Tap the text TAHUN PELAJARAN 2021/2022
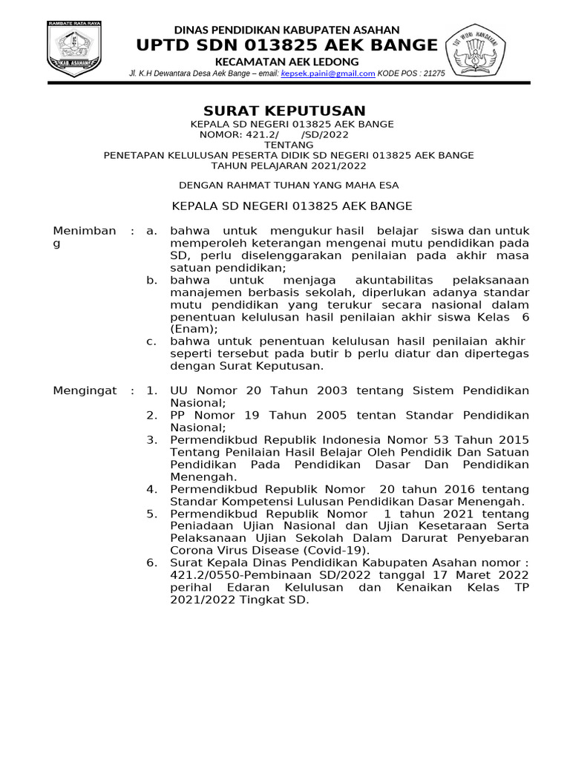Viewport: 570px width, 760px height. tap(288, 166)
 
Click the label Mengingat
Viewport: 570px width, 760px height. tap(85, 390)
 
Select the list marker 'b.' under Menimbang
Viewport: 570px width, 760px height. tap(151, 280)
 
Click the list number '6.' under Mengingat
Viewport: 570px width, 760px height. tap(151, 563)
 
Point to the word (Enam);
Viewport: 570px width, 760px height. tap(194, 329)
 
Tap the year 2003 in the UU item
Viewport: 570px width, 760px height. tap(315, 390)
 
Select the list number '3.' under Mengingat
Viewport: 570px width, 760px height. tap(151, 439)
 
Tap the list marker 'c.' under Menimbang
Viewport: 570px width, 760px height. tap(151, 341)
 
